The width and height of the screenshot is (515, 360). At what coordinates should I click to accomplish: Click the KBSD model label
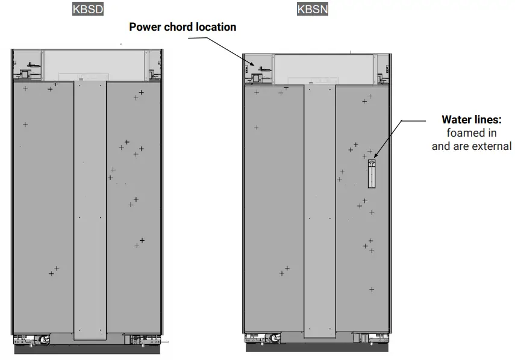tap(87, 9)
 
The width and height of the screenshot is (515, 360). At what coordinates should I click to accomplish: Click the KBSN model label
tap(313, 9)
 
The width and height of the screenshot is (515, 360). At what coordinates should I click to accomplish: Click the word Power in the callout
tap(145, 27)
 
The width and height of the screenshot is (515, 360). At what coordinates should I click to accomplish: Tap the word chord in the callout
tap(178, 27)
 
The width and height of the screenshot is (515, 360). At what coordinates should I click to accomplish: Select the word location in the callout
tap(216, 27)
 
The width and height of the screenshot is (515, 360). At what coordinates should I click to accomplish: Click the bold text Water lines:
tap(472, 120)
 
